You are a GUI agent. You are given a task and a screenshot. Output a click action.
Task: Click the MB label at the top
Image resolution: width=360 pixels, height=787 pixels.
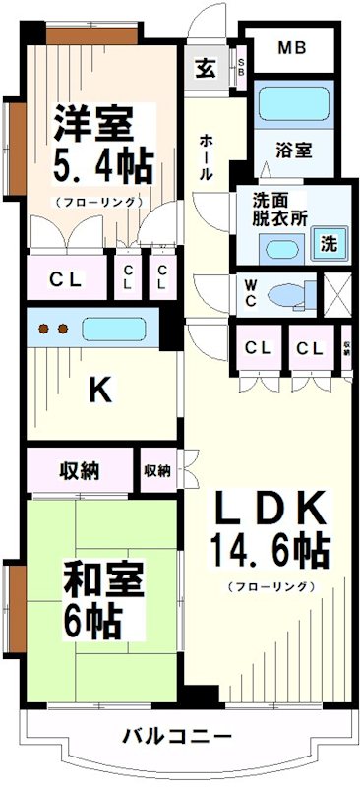[291, 46]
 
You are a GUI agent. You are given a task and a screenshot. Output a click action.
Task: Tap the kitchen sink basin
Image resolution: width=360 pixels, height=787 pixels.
[115, 329]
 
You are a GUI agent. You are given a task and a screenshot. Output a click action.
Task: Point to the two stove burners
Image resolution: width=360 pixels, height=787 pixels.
[50, 329]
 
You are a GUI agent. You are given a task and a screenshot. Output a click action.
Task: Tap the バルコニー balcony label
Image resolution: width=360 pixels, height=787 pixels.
[178, 735]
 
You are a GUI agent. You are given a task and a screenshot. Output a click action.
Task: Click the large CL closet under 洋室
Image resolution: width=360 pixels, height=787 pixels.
[67, 280]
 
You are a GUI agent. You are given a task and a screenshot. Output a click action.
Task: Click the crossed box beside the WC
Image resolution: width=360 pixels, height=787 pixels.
[337, 294]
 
